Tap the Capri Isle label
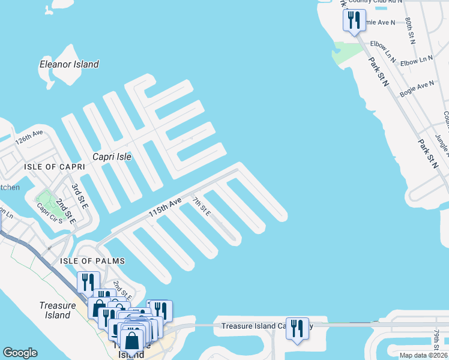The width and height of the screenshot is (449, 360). click(x=112, y=157)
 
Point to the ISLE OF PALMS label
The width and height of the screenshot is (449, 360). click(x=92, y=260)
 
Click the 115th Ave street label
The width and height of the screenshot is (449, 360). click(x=165, y=208)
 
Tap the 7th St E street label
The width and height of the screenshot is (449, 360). click(x=202, y=206)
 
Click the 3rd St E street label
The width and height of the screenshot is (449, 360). click(x=79, y=196)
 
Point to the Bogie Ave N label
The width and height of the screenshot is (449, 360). click(x=417, y=85)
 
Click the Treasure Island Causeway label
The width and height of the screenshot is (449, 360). click(x=264, y=326)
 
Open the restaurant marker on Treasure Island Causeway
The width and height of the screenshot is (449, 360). click(x=297, y=329)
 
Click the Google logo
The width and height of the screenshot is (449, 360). click(x=20, y=353)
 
